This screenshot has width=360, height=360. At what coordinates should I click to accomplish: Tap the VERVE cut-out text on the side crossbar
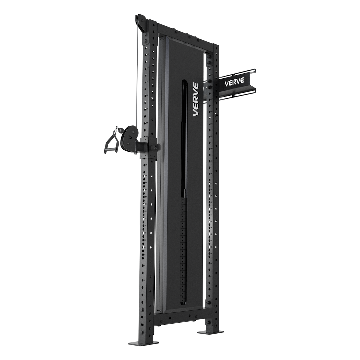click(234, 81)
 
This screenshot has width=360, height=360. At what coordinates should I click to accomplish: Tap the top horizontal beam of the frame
click(183, 32)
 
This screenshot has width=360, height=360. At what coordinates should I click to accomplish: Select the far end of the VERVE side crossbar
click(255, 80)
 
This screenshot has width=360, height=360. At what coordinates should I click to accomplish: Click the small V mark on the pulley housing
click(130, 136)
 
